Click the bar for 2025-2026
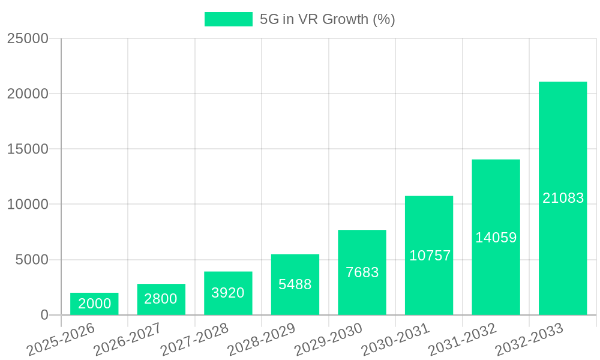tap(94, 304)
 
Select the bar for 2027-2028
tap(228, 293)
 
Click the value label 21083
tap(563, 198)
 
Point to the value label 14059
tap(496, 238)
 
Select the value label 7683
tap(362, 272)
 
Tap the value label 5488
tap(295, 284)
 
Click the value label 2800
tap(161, 299)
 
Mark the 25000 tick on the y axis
tap(28, 38)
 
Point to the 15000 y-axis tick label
tap(28, 149)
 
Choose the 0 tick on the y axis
tap(44, 315)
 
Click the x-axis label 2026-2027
tap(128, 339)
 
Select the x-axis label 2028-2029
tap(262, 339)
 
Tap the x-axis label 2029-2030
tap(329, 339)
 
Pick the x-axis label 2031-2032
tap(463, 339)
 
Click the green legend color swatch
tap(228, 19)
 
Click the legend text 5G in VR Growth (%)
tap(327, 19)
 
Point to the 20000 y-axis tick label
tap(28, 94)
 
